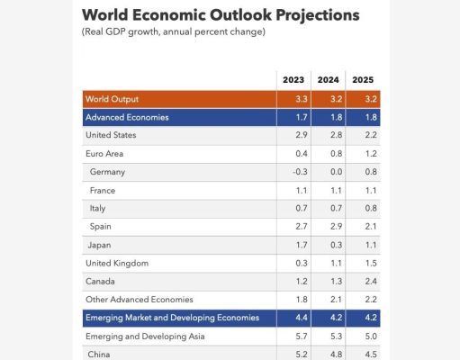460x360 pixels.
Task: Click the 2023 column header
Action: (293, 80)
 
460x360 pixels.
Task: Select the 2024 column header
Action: (329, 80)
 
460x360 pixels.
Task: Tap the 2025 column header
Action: (363, 80)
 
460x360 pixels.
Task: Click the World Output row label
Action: (112, 99)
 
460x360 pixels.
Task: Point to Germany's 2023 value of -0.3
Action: (300, 172)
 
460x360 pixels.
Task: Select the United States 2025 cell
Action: (371, 135)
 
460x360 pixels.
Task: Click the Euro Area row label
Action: (104, 154)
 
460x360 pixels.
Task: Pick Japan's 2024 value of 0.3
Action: (336, 245)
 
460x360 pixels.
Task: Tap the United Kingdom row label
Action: (117, 263)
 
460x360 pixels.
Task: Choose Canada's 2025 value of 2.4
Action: (371, 282)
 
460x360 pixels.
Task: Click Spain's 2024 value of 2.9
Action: (336, 226)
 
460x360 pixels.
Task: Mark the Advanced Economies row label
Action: (127, 117)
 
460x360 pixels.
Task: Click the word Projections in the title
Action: (318, 15)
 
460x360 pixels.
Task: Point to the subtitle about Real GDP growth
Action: (174, 31)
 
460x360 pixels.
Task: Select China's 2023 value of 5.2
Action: (302, 355)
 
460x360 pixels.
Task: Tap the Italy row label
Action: (97, 208)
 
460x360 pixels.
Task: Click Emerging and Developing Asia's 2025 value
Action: (371, 337)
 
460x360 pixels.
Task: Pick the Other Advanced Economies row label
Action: (140, 300)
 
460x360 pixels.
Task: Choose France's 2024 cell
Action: (336, 191)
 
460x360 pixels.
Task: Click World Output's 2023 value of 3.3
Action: (302, 99)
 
